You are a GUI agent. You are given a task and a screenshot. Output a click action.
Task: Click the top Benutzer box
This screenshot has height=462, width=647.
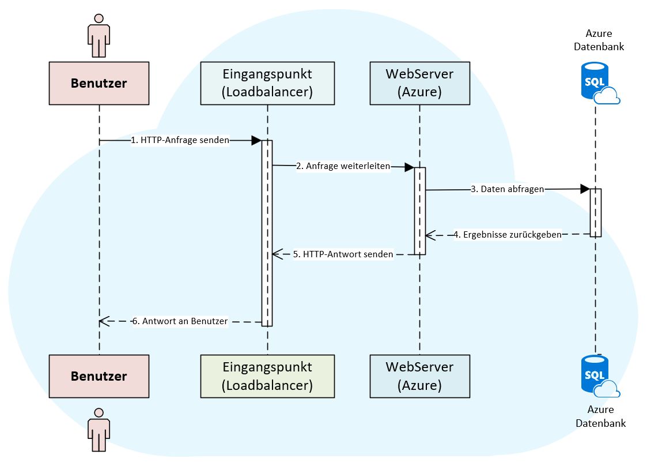pos(99,83)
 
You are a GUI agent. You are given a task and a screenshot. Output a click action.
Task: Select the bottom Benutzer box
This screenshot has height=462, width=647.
pos(99,376)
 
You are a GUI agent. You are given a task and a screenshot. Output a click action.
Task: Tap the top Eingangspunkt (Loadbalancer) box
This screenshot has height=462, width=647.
pos(267,83)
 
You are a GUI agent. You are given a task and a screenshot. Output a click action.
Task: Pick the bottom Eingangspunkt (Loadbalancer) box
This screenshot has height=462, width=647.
pos(267,376)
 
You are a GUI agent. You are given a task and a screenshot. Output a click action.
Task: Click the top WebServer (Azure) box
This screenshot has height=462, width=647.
pos(419,83)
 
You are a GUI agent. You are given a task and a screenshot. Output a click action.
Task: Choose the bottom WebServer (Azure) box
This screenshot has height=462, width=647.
pos(419,376)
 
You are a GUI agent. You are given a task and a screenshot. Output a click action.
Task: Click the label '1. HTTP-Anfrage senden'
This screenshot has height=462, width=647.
pos(180,140)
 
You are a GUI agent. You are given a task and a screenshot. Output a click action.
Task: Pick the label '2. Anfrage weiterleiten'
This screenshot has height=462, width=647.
pos(343,166)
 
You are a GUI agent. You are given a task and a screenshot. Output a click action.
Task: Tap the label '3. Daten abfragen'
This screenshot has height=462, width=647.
pos(507,189)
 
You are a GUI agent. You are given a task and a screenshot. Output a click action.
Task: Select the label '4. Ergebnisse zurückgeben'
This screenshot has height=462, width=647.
pos(508,235)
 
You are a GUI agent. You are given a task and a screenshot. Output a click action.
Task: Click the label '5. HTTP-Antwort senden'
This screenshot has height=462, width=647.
pos(343,254)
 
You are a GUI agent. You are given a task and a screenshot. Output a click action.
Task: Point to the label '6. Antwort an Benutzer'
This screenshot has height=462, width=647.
pos(180,321)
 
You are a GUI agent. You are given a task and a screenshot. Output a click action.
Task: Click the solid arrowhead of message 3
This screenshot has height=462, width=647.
pos(584,189)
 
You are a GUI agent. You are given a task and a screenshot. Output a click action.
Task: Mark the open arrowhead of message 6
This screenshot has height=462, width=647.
pos(103,321)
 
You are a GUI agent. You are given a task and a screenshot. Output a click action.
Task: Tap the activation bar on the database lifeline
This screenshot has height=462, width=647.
pos(596,212)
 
